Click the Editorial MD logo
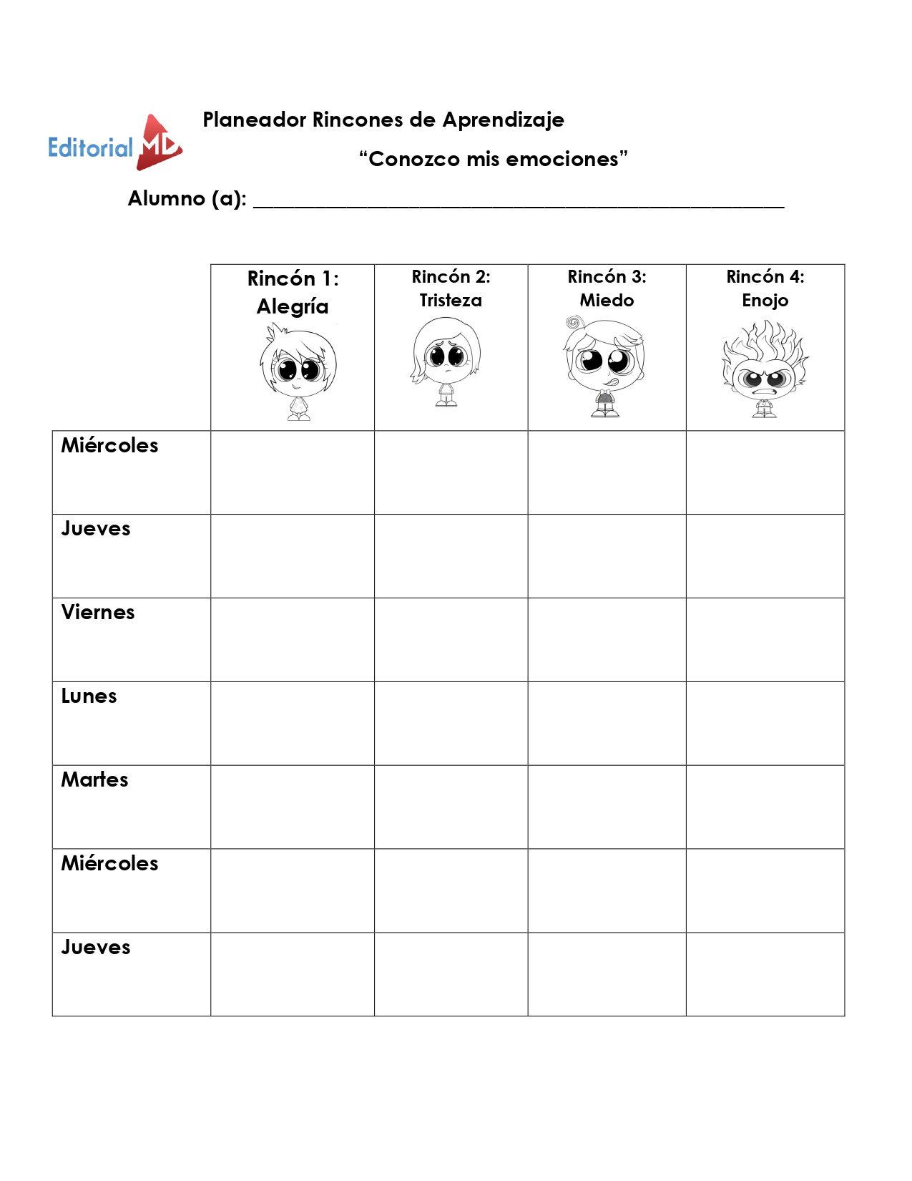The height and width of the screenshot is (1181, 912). point(115,144)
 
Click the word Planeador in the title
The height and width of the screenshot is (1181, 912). point(255,120)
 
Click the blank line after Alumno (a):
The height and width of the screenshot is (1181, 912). point(519,200)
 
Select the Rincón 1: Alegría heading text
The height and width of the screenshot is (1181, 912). point(293,292)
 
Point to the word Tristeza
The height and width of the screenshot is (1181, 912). point(451,301)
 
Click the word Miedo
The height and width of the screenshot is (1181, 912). point(607,301)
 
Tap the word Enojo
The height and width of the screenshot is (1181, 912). point(765,301)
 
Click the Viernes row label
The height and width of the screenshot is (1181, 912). point(98,613)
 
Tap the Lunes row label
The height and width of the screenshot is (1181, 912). point(89,696)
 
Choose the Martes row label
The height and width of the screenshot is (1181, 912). point(94,780)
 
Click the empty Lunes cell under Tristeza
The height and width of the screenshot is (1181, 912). point(451,723)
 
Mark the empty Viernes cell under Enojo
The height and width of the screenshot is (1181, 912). point(765,639)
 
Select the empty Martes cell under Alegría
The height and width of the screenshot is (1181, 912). point(292,807)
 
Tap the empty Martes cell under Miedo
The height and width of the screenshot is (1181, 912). point(607,807)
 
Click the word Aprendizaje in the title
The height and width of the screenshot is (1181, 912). point(503,120)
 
